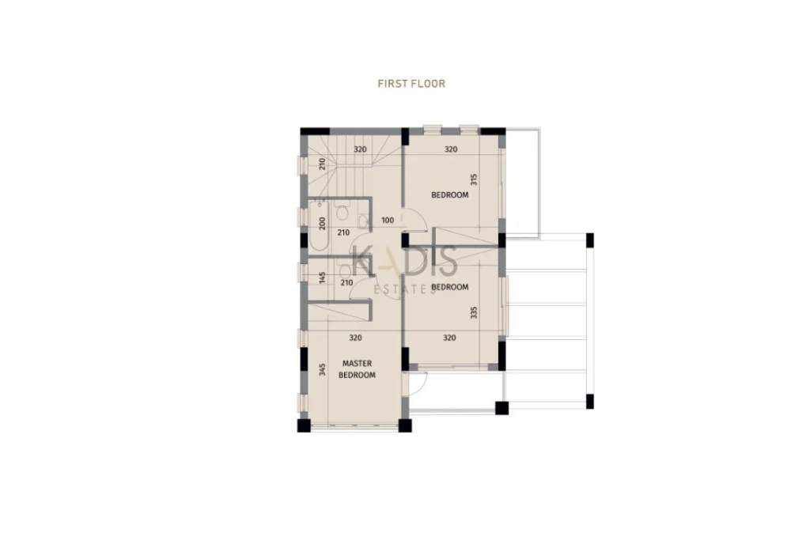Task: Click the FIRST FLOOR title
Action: [411, 84]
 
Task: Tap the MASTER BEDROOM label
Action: [357, 369]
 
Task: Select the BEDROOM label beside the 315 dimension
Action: [450, 194]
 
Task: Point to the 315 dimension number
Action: [474, 179]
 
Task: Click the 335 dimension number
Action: [474, 312]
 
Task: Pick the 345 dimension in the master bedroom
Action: [323, 370]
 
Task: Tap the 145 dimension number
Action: [323, 278]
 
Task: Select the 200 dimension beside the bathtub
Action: [323, 223]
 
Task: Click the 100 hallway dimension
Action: [388, 221]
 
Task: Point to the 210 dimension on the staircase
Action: [323, 164]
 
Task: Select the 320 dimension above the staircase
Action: [360, 149]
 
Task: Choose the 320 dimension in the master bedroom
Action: [355, 338]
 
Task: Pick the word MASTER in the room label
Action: [357, 364]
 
